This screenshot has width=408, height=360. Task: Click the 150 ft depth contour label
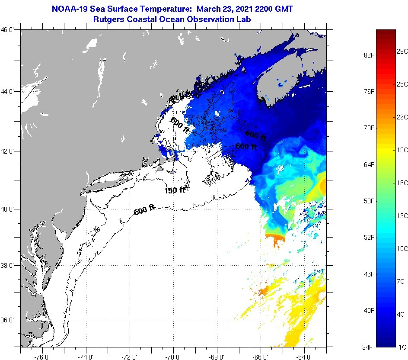pyautogui.click(x=175, y=190)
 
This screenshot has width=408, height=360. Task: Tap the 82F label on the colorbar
pyautogui.click(x=368, y=55)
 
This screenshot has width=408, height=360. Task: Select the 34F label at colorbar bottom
pyautogui.click(x=368, y=347)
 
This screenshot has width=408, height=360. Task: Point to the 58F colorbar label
pyautogui.click(x=368, y=201)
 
